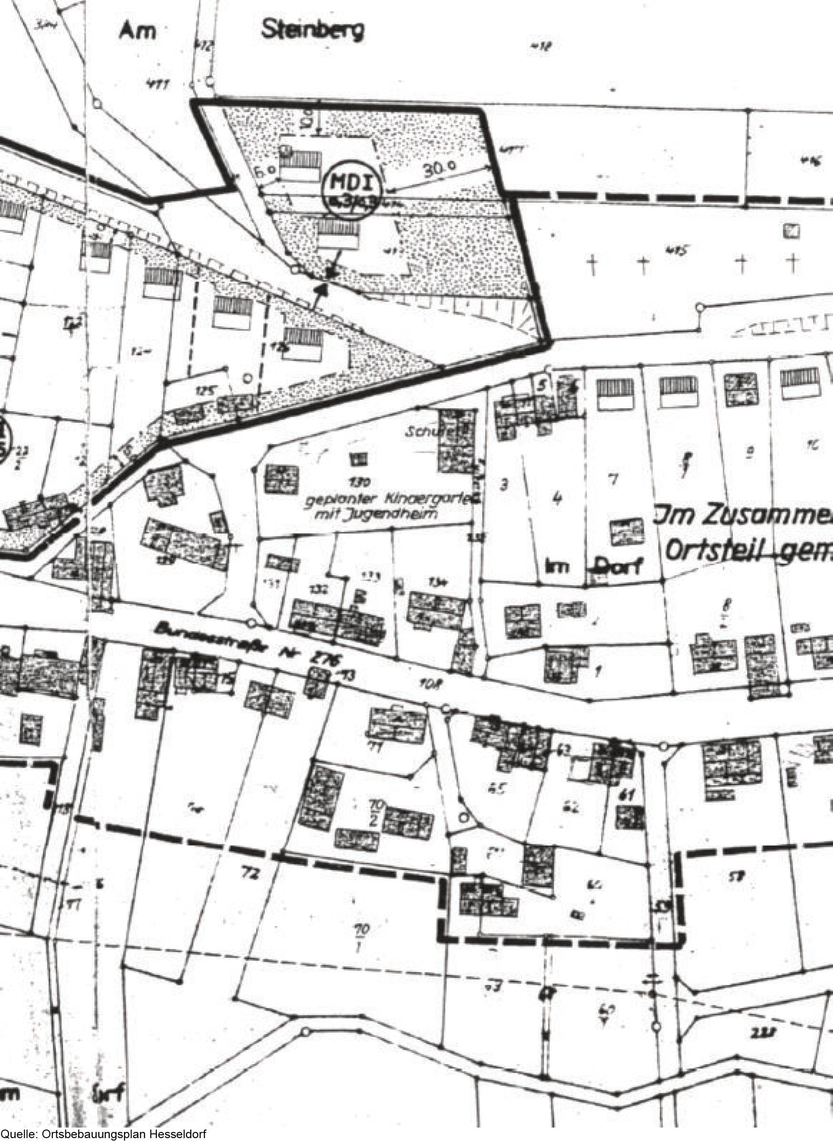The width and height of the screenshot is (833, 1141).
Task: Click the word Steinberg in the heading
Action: pos(312,31)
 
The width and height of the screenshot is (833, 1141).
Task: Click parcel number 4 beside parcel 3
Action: pos(557,498)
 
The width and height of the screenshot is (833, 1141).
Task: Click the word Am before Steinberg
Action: pos(137,32)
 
